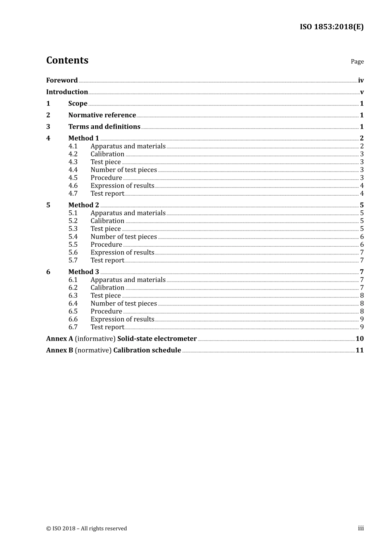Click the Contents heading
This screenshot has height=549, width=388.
point(67,60)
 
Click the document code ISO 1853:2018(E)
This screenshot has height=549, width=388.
point(331,27)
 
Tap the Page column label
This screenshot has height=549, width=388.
point(357,62)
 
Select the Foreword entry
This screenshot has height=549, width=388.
point(62,80)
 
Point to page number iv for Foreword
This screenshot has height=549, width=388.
point(361,80)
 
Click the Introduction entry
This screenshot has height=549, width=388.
point(67,92)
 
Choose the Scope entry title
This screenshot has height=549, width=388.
point(78,104)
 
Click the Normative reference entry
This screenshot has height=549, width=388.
point(102,115)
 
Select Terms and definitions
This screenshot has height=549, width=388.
point(104,127)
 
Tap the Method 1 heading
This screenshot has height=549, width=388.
point(83,138)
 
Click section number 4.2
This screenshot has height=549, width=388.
point(73,154)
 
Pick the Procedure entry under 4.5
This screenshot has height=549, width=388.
point(106,178)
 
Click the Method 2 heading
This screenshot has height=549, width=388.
point(83,205)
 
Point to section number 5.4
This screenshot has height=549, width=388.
point(73,237)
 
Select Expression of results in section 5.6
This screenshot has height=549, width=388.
point(122,252)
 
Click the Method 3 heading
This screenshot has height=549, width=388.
point(83,272)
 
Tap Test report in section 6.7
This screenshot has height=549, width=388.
point(107,327)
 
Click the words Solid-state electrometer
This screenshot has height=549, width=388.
point(157,339)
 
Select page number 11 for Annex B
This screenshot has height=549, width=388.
point(359,350)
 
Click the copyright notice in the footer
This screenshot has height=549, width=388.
point(87,529)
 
